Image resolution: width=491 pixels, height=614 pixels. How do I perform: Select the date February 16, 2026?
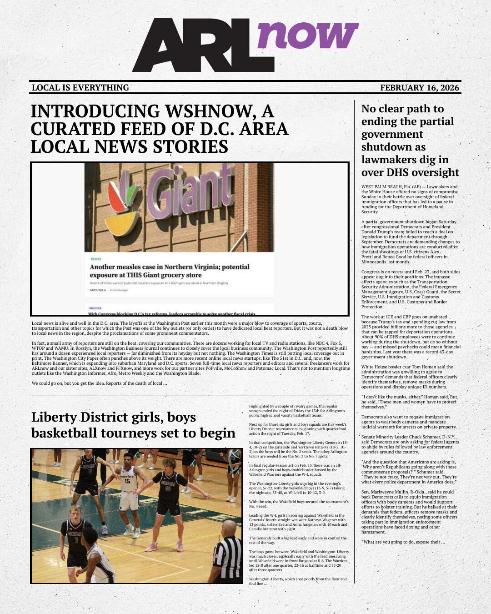click(420, 88)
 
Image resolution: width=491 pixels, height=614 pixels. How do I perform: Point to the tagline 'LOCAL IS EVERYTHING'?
click(80, 88)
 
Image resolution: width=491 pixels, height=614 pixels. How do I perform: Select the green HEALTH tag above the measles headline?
click(96, 259)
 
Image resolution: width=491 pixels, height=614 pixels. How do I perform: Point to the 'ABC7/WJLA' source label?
click(98, 290)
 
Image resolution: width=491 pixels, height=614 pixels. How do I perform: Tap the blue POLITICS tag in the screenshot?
click(95, 308)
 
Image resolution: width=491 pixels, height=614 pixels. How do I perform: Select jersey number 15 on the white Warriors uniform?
click(127, 481)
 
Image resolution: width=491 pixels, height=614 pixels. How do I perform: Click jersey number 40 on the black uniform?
click(167, 489)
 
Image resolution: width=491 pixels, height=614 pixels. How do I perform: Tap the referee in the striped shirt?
click(227, 555)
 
